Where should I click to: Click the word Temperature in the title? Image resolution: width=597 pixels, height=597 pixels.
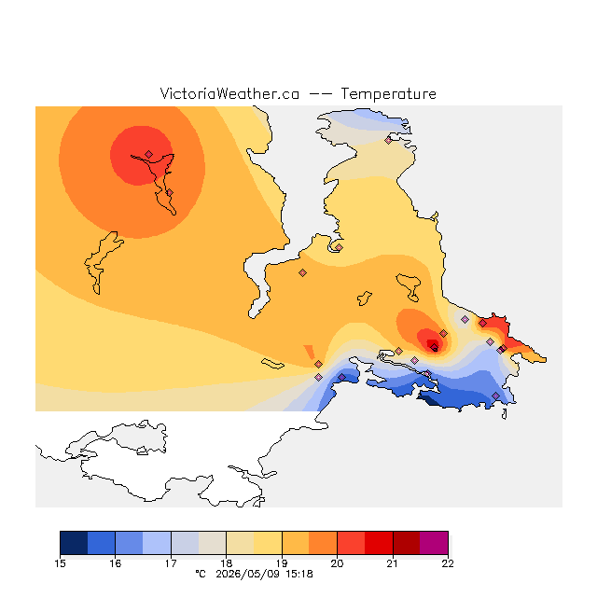coord(388,94)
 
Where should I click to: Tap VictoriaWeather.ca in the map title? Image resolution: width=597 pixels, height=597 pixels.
coord(229,94)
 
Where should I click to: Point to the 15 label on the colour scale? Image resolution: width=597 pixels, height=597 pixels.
coord(60,563)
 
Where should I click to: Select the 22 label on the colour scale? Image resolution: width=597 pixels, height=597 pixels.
coord(448,563)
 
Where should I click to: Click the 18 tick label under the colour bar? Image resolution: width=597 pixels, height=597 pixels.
coord(226,563)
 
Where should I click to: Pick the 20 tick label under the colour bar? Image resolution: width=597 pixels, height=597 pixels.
coord(337,563)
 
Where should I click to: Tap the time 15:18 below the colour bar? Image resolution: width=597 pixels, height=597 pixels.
coord(299,575)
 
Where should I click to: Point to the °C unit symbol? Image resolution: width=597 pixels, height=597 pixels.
coord(201,574)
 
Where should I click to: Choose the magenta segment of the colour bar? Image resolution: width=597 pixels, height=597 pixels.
coord(434,543)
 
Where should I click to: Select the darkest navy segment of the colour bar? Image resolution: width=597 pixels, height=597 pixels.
coord(74,543)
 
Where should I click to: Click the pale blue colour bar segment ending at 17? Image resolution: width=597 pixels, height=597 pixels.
coord(157,543)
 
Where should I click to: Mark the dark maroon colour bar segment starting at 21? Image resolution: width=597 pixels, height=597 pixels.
coord(407,543)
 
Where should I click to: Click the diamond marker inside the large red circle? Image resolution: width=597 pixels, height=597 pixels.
coord(149,154)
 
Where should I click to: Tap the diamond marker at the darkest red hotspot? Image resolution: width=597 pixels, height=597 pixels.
coord(434,346)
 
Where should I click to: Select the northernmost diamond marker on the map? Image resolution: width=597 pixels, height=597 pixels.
coord(388,140)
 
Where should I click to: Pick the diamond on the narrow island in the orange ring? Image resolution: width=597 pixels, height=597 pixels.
coord(170,193)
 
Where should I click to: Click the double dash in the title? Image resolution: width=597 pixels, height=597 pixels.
coord(320,94)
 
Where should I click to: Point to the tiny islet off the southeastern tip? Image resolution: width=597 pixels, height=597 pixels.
coord(505,414)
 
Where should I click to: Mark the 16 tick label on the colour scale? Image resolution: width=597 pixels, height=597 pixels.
coord(116,563)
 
